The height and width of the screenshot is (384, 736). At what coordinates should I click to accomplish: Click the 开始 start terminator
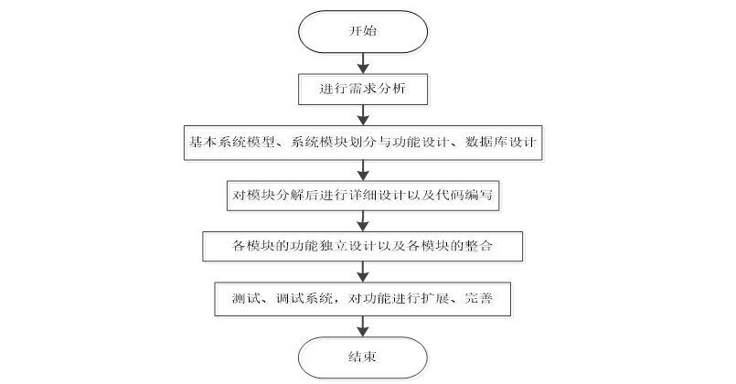pyautogui.click(x=364, y=31)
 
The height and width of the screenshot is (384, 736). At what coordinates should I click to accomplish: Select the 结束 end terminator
pyautogui.click(x=364, y=357)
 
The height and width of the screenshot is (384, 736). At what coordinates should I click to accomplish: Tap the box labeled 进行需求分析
pyautogui.click(x=364, y=90)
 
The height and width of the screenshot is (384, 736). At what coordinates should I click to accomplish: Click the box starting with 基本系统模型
pyautogui.click(x=364, y=143)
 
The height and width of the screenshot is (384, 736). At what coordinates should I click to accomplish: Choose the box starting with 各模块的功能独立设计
pyautogui.click(x=364, y=246)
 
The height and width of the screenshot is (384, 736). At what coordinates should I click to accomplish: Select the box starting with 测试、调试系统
pyautogui.click(x=364, y=298)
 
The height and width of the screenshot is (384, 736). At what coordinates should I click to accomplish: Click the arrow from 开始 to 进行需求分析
pyautogui.click(x=364, y=62)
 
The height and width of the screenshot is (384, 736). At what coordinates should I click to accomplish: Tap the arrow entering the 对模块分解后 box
pyautogui.click(x=364, y=169)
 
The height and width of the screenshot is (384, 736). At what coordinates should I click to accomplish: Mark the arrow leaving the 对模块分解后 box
pyautogui.click(x=364, y=220)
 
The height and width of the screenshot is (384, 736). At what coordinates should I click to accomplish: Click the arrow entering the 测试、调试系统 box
pyautogui.click(x=364, y=272)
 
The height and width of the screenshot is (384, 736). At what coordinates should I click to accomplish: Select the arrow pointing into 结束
pyautogui.click(x=364, y=325)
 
